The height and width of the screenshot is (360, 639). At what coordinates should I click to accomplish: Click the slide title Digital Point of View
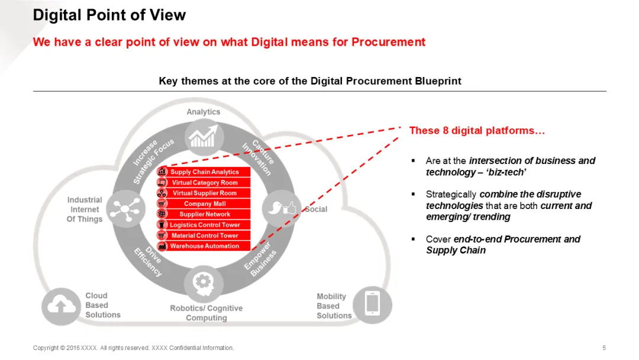[x=109, y=15]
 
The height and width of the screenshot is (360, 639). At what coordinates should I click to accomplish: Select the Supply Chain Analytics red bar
[x=205, y=172]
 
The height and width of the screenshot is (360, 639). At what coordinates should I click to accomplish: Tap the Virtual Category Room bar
[x=205, y=182]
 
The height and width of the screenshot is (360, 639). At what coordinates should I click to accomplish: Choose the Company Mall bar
[x=205, y=204]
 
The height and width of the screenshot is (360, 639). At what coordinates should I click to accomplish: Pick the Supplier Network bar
[x=205, y=214]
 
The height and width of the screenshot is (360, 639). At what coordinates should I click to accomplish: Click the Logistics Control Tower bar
[x=205, y=225]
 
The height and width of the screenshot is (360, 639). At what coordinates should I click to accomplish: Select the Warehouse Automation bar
[x=205, y=246]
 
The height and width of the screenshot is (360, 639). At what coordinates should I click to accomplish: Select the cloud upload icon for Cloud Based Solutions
[x=60, y=306]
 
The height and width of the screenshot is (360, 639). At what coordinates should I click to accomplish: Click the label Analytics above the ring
[x=204, y=112]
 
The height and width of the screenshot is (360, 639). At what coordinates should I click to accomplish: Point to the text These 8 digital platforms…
[x=477, y=130]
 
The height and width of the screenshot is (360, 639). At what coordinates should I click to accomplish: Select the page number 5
[x=604, y=348]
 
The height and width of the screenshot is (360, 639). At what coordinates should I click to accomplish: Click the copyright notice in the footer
[x=133, y=348]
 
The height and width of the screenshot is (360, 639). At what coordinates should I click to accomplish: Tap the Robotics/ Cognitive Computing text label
[x=206, y=313]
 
